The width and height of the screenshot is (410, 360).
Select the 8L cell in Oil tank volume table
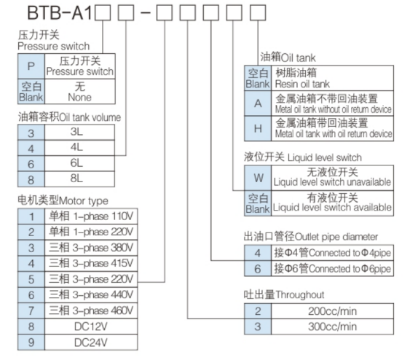click(x=76, y=178)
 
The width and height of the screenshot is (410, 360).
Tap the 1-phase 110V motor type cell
click(x=92, y=216)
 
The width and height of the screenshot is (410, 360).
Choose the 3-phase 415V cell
click(x=92, y=263)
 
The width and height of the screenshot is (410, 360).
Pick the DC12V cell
click(x=92, y=326)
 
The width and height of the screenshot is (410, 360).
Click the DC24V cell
click(x=92, y=342)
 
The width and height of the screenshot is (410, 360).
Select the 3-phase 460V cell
click(x=92, y=310)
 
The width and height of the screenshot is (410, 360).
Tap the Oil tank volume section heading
click(x=69, y=117)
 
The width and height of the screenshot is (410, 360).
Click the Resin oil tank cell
click(x=332, y=78)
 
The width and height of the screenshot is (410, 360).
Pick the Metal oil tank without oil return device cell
click(x=332, y=103)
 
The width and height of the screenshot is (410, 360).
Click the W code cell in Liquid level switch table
click(x=257, y=177)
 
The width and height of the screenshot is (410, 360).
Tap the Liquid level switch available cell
click(x=332, y=202)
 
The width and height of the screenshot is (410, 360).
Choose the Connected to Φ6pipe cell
click(x=332, y=269)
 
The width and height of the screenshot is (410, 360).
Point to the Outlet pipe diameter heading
click(x=310, y=236)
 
